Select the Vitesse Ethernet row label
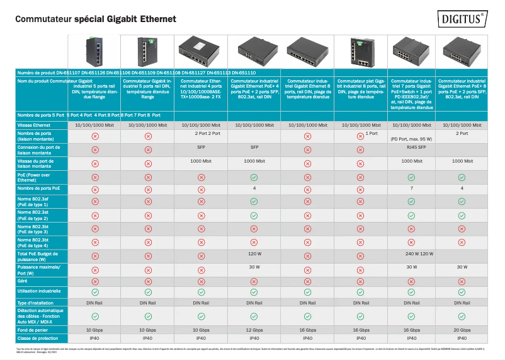(x=35, y=125)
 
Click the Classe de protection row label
(x=38, y=339)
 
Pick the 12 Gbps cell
(x=254, y=330)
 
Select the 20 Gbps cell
(x=461, y=330)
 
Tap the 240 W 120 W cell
(x=411, y=253)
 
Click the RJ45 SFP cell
(x=411, y=147)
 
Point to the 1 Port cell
(x=371, y=134)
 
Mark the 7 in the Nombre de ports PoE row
(x=411, y=188)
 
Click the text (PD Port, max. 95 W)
(x=411, y=139)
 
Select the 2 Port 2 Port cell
(x=201, y=134)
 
